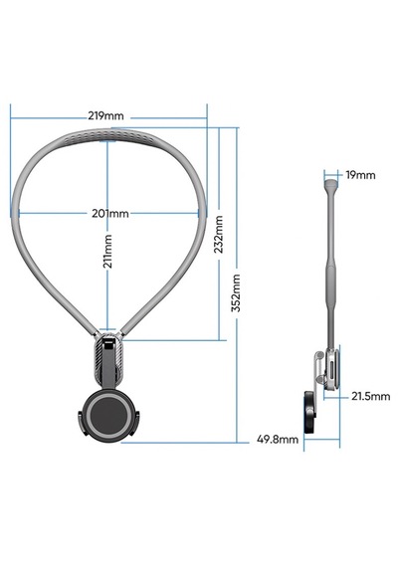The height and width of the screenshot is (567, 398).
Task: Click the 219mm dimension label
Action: [x=105, y=116]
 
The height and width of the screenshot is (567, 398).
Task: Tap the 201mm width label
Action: [x=110, y=213]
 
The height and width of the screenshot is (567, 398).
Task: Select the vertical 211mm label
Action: [x=107, y=252]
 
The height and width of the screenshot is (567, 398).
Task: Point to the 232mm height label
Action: [x=219, y=234]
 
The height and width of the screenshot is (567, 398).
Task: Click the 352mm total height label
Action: [x=236, y=292]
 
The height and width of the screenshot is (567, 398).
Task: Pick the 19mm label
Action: [x=361, y=175]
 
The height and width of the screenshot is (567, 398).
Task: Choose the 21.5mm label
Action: [x=371, y=396]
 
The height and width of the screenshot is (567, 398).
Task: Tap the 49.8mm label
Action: [x=278, y=440]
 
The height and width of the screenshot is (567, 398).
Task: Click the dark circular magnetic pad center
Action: [x=107, y=415]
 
